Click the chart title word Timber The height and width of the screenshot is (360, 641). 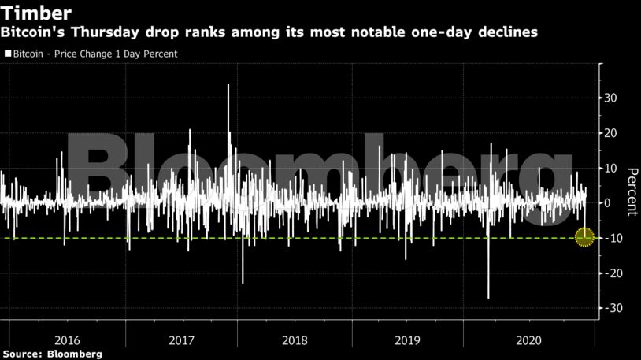pos(38,13)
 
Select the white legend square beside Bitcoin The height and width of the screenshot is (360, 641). pos(7,54)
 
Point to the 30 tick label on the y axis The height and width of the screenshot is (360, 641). pos(610,98)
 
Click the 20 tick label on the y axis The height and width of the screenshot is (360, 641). pos(610,133)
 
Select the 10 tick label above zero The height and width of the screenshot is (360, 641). pos(610,168)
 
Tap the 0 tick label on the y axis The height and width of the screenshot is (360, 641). pos(607,203)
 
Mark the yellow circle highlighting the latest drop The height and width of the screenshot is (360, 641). pos(584,236)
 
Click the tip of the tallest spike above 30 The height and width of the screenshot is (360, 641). pos(228,84)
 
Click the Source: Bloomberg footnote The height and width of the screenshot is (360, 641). pos(52,354)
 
